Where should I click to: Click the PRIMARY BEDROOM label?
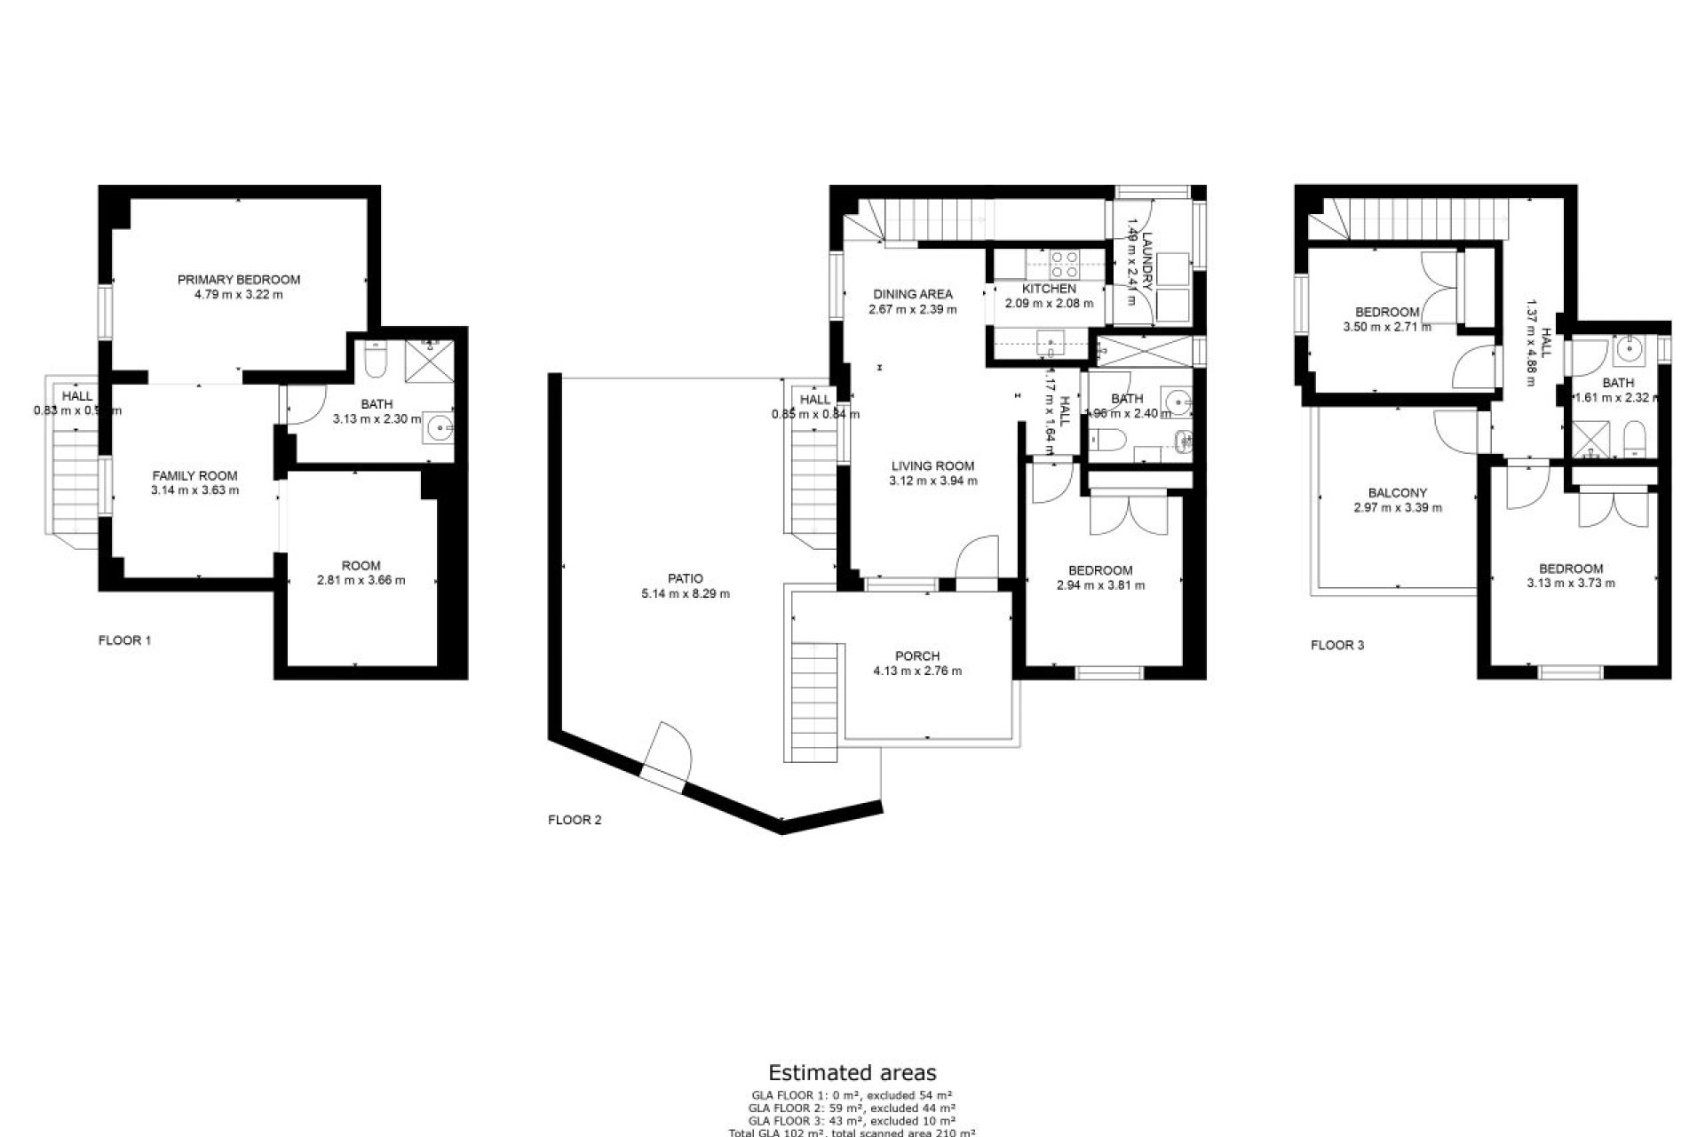pyautogui.click(x=238, y=279)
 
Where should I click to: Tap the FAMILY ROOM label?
pyautogui.click(x=194, y=475)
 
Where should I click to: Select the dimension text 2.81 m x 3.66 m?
pyautogui.click(x=361, y=580)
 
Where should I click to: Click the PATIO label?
pyautogui.click(x=685, y=578)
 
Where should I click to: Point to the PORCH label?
pyautogui.click(x=917, y=656)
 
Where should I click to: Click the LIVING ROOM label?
pyautogui.click(x=932, y=465)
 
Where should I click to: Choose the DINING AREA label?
pyautogui.click(x=912, y=294)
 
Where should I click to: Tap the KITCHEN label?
pyautogui.click(x=1049, y=289)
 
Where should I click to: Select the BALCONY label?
pyautogui.click(x=1397, y=493)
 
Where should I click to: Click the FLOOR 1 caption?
pyautogui.click(x=124, y=640)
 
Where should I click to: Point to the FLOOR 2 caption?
pyautogui.click(x=575, y=820)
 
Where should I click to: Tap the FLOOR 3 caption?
pyautogui.click(x=1337, y=645)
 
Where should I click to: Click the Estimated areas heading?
pyautogui.click(x=852, y=1073)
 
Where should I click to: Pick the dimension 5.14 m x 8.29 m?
pyautogui.click(x=685, y=593)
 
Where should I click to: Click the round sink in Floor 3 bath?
pyautogui.click(x=1630, y=349)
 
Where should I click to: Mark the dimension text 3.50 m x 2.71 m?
pyautogui.click(x=1386, y=327)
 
